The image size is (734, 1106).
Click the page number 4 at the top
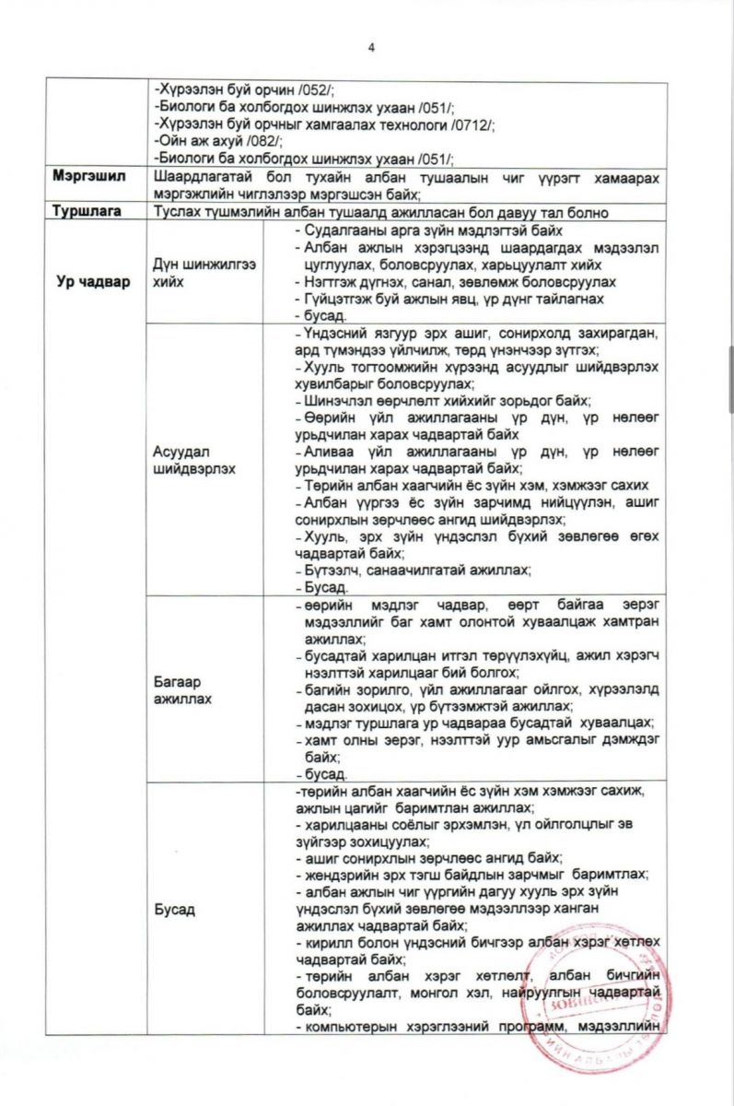click(370, 49)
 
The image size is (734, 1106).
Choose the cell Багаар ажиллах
click(184, 690)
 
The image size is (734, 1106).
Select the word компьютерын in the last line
click(344, 1027)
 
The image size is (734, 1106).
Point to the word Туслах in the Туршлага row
click(181, 212)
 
